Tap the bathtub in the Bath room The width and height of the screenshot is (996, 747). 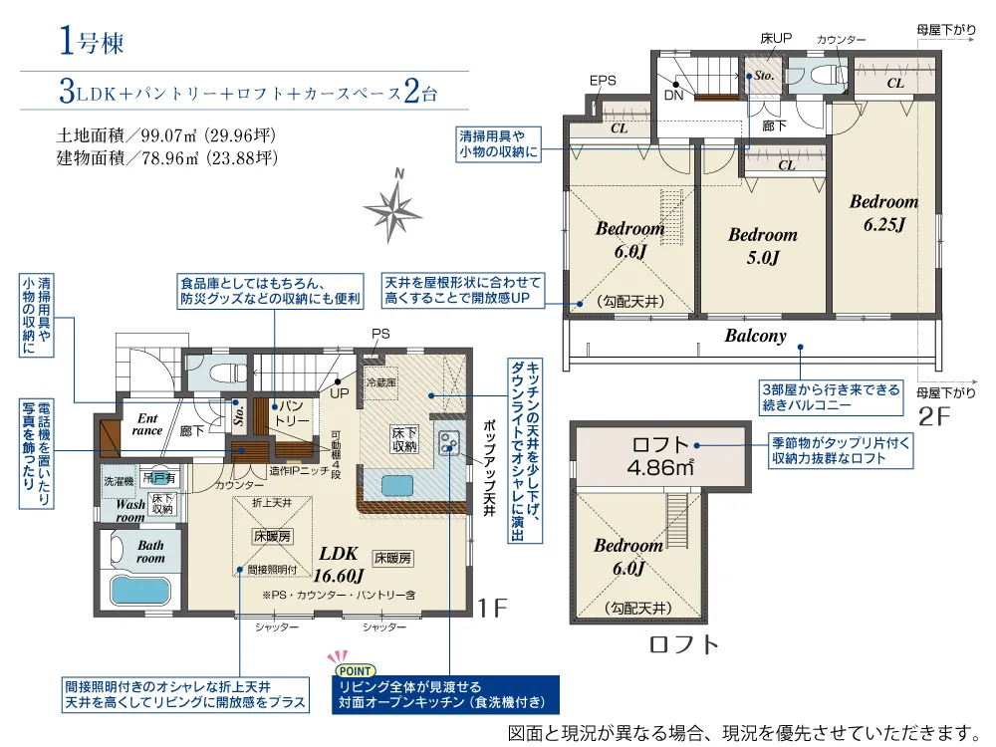coord(140,590)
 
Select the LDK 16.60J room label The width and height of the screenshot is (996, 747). coord(339,564)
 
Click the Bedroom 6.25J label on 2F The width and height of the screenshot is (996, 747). coord(884,213)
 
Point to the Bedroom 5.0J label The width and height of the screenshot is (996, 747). coord(763,246)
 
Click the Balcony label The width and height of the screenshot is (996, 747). coord(755,336)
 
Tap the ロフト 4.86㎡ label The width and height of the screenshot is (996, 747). coord(660,456)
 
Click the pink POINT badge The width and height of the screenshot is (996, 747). coord(356,670)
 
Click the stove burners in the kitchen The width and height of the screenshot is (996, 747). coord(449,443)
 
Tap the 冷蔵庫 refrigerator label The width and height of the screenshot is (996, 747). coord(381,383)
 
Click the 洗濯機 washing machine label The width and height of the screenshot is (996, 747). coord(119,481)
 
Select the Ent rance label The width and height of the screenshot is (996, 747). coord(147,424)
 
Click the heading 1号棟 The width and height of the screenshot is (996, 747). coord(91,41)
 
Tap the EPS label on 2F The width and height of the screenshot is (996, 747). coord(603,81)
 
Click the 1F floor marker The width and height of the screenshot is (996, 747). coord(492,608)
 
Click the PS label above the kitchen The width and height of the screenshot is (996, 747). coord(380,334)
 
